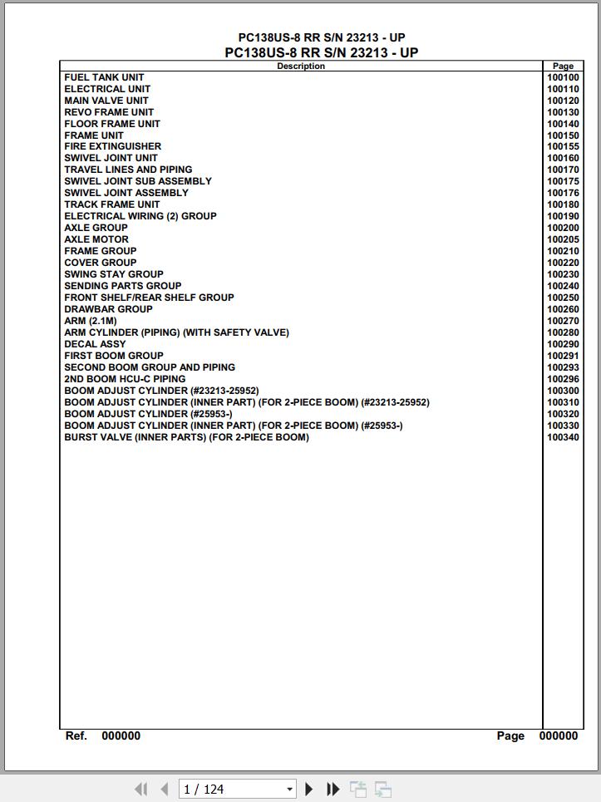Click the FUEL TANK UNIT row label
point(104,77)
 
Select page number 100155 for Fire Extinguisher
point(563,146)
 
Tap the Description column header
point(300,66)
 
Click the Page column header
point(563,66)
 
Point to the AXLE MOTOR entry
point(96,239)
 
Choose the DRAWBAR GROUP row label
point(108,309)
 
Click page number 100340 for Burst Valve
point(563,437)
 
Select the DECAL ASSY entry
point(95,344)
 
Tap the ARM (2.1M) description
point(91,321)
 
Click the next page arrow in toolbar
point(309,789)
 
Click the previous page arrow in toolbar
point(164,789)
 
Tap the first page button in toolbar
point(140,789)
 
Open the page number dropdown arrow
point(289,790)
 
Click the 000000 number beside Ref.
point(121,736)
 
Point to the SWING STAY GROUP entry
point(114,274)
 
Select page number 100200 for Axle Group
point(563,228)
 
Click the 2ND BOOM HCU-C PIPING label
point(125,379)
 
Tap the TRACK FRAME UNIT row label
point(112,204)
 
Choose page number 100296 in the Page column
point(563,379)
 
